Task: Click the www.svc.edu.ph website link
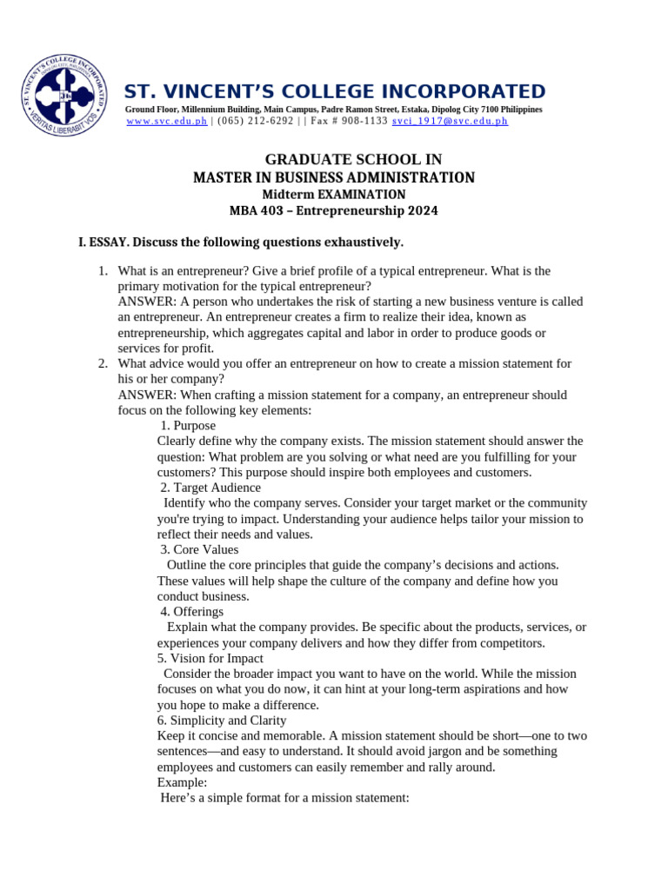[167, 122]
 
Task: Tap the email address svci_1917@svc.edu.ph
[450, 122]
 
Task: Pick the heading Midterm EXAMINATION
[334, 194]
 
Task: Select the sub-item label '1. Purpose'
[188, 426]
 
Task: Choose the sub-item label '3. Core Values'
[199, 549]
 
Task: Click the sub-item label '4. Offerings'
[192, 612]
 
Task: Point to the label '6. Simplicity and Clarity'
[222, 721]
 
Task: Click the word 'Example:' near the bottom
[182, 782]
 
